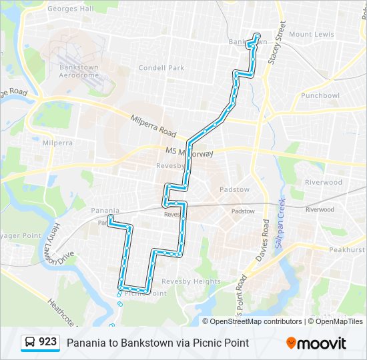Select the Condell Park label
[x=161, y=67]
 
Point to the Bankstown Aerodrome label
[x=79, y=71]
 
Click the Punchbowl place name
[x=320, y=95]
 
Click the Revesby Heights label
[x=191, y=281]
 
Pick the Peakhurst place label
[x=347, y=249]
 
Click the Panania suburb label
[x=105, y=211]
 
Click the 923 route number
[x=48, y=342]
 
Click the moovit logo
[x=316, y=343]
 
